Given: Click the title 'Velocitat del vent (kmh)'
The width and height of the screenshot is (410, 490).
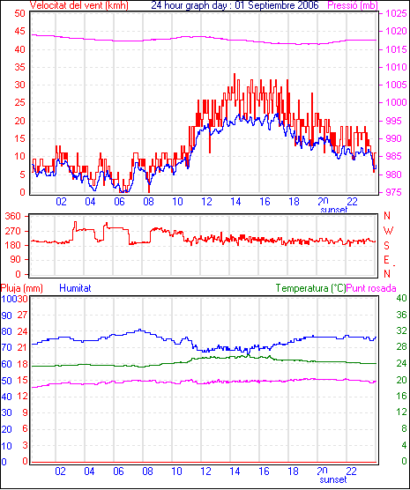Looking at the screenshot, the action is [x=78, y=5].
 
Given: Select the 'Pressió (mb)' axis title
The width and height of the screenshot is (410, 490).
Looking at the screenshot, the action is [x=353, y=5].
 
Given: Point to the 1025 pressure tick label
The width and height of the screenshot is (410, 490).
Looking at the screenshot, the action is [x=396, y=13].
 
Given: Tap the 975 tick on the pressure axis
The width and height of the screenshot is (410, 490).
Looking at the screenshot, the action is [x=396, y=192].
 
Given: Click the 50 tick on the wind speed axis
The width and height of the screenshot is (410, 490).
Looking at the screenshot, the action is [x=19, y=13].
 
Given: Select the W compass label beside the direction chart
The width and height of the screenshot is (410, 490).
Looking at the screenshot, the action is [x=388, y=231].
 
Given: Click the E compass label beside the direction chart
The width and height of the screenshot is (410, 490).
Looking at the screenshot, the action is [x=386, y=260].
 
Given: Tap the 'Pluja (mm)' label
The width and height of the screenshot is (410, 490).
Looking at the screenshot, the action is [x=21, y=288].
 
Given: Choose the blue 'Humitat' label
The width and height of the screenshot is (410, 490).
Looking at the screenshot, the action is [x=75, y=288].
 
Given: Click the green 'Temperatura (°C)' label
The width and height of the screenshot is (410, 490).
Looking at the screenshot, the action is [x=311, y=288].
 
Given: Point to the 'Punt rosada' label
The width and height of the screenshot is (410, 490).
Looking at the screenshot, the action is [x=371, y=288].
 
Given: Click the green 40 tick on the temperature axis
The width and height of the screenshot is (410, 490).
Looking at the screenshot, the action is [x=401, y=298].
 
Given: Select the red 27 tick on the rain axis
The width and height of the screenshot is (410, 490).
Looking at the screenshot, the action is [x=22, y=315].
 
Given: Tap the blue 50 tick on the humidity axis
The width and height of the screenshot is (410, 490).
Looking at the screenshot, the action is [x=6, y=381].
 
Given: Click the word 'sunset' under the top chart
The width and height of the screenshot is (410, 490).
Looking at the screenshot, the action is [x=334, y=210].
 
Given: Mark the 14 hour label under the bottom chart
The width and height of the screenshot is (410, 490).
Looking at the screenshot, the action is [x=235, y=471].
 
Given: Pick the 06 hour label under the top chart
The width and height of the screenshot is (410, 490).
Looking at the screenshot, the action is [x=119, y=202].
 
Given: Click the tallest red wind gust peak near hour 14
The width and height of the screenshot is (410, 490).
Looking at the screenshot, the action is [x=235, y=74].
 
